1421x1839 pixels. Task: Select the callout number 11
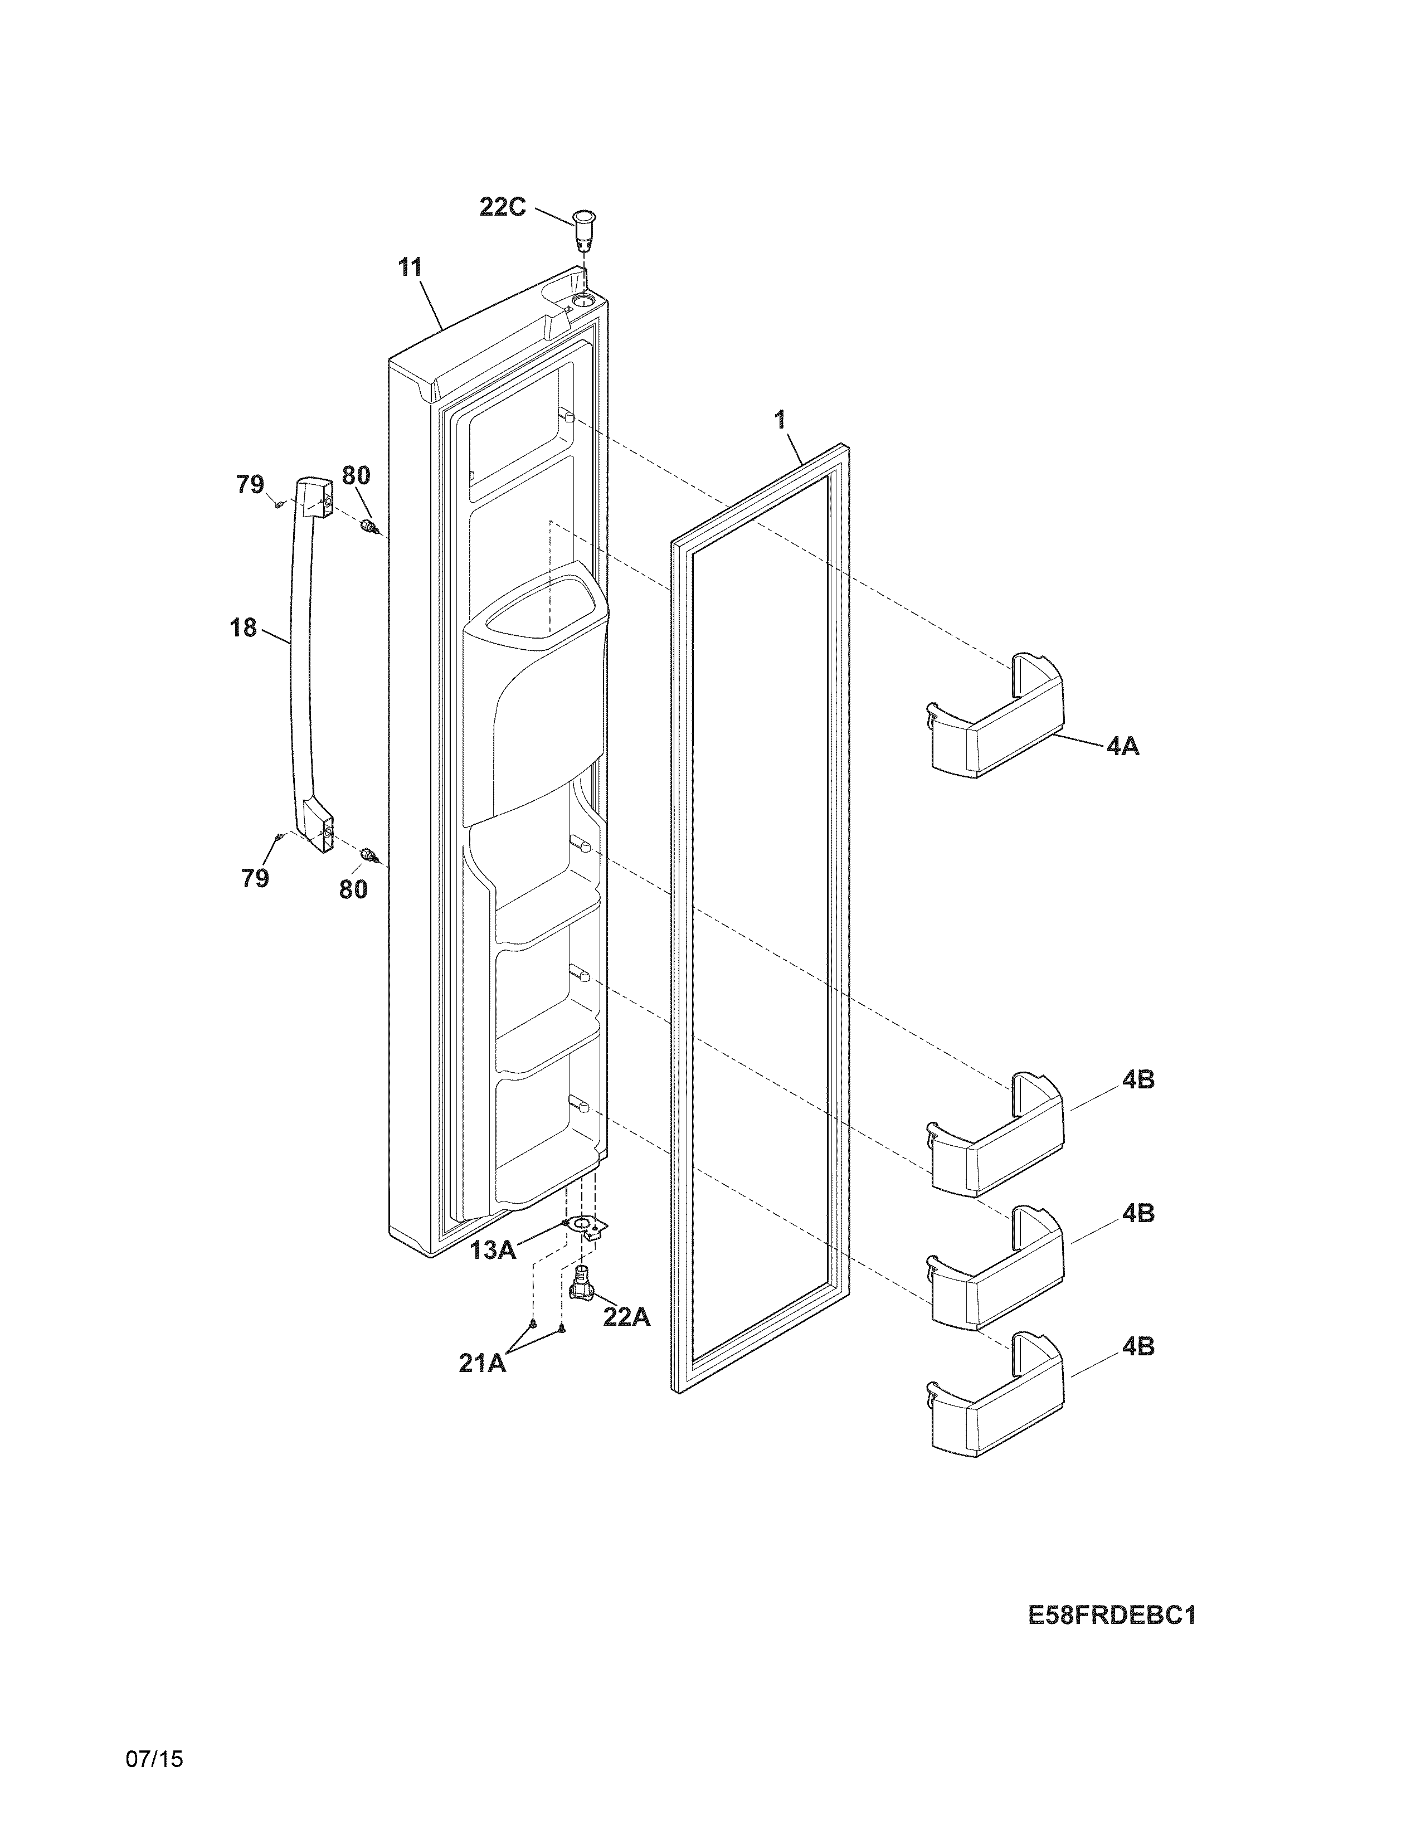pyautogui.click(x=410, y=267)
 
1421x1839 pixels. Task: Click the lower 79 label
pyautogui.click(x=255, y=878)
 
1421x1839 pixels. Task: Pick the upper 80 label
pyautogui.click(x=356, y=476)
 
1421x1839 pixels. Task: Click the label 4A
pyautogui.click(x=1122, y=746)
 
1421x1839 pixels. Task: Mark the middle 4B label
pyautogui.click(x=1137, y=1213)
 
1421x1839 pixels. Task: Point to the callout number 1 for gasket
pyautogui.click(x=780, y=419)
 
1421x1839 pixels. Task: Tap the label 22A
pyautogui.click(x=626, y=1317)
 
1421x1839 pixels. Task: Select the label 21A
pyautogui.click(x=483, y=1363)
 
